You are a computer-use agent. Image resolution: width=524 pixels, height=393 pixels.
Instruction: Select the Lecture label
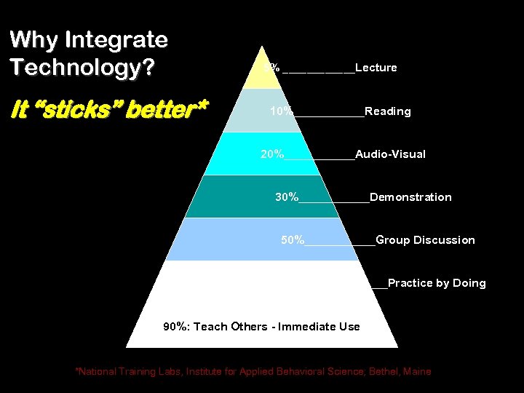click(376, 68)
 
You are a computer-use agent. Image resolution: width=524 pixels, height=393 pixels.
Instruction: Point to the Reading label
click(388, 111)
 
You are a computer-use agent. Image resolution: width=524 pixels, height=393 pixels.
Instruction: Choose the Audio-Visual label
click(391, 154)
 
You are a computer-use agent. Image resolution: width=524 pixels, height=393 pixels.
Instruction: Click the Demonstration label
click(410, 197)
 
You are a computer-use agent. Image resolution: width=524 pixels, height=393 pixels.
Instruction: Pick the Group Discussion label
click(425, 240)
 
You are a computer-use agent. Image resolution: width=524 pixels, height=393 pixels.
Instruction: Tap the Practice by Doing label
click(437, 283)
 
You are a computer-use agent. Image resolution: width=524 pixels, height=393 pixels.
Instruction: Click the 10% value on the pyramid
click(281, 111)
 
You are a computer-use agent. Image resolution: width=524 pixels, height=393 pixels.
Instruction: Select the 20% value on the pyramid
click(272, 154)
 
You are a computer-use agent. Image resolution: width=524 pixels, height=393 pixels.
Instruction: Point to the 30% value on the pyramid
click(287, 197)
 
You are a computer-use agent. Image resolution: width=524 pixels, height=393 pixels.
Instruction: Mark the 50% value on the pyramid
click(293, 240)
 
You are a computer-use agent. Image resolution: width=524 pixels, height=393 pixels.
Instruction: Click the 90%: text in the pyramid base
click(177, 327)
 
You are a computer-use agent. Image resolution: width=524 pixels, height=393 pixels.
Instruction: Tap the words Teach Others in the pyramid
click(231, 327)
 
